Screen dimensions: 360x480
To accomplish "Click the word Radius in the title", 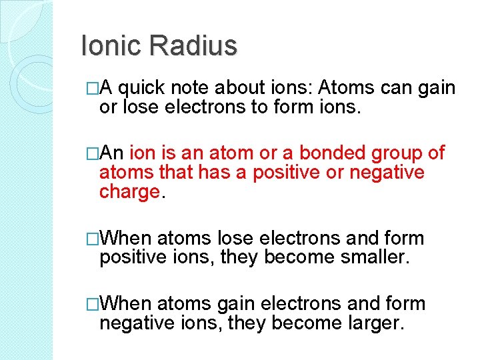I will [193, 46].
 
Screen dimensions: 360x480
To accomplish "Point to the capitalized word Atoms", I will [345, 88].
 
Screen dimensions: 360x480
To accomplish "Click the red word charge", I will [129, 193].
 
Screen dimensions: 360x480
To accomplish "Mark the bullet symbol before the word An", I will [93, 153].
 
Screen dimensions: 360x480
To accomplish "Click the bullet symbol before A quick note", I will [93, 88].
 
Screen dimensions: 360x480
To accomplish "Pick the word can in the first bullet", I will [399, 88].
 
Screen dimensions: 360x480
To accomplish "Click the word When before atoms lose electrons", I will [127, 238].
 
